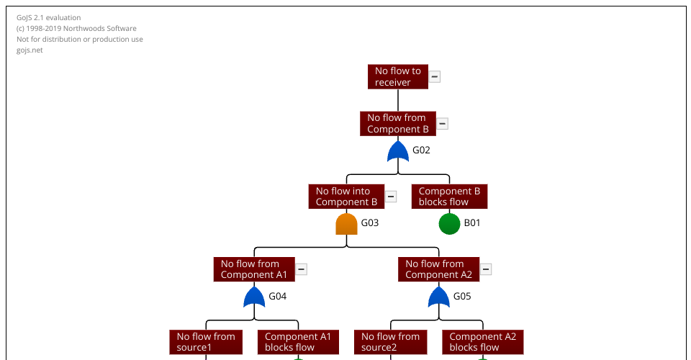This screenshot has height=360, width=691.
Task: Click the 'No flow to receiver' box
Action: [397, 77]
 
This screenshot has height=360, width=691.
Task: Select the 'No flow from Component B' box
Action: [397, 124]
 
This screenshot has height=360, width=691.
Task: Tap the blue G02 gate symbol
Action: [398, 151]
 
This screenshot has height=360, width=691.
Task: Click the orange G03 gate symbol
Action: [346, 224]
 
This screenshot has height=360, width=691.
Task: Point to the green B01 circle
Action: [449, 224]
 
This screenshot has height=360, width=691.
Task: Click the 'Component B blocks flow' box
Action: [449, 197]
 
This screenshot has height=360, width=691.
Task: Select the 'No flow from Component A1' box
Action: [254, 269]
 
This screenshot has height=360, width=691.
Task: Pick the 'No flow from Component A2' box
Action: [438, 269]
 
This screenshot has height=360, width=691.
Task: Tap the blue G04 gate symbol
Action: [254, 297]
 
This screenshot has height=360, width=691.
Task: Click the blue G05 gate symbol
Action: [438, 297]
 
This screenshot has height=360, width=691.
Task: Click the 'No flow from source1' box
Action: [206, 342]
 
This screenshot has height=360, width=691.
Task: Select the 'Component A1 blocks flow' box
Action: [298, 342]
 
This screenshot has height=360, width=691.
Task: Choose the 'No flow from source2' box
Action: [390, 342]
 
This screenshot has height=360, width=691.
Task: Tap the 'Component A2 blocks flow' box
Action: [482, 342]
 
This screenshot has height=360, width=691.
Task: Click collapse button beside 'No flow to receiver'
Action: [435, 77]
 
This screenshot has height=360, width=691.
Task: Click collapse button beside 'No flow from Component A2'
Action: [487, 269]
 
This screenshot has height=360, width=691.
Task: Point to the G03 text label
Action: [370, 223]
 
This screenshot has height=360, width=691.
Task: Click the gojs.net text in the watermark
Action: [30, 50]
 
